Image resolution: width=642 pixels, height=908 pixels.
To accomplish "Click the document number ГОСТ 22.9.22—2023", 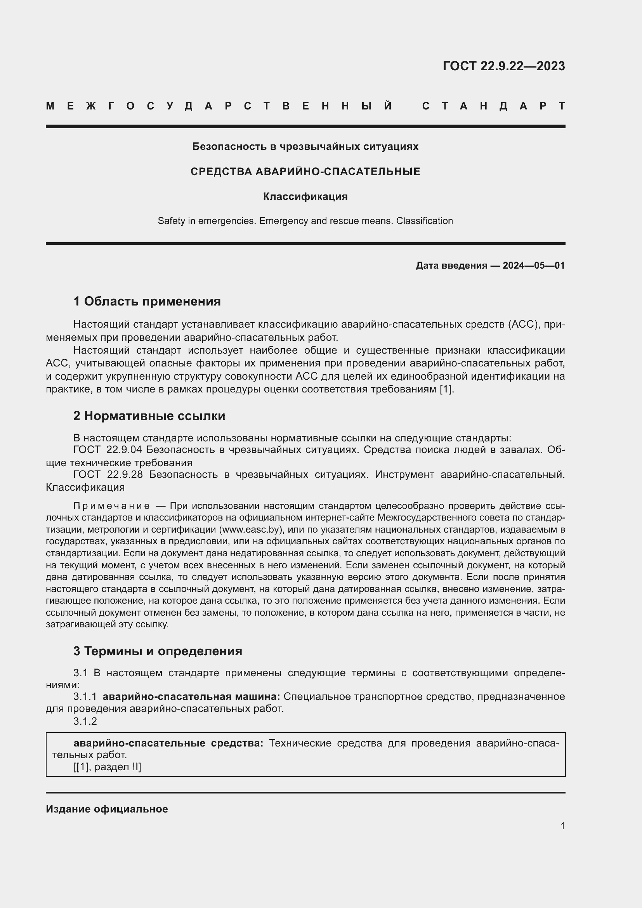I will point(503,66).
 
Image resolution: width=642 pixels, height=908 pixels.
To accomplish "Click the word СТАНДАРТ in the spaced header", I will point(493,106).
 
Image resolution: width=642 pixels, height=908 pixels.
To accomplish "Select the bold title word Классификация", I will point(305,196).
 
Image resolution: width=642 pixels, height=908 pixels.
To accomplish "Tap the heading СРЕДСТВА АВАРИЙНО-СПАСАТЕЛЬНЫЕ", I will point(305,172).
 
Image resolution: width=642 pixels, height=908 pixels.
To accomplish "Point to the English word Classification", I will point(424,220).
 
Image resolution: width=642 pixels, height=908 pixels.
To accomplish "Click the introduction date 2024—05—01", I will point(534,266).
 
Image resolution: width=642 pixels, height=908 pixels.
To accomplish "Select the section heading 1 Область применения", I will point(147,301).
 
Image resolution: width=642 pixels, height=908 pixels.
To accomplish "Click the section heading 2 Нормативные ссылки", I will point(149,416).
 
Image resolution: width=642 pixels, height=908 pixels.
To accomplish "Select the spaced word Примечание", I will point(111,506).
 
